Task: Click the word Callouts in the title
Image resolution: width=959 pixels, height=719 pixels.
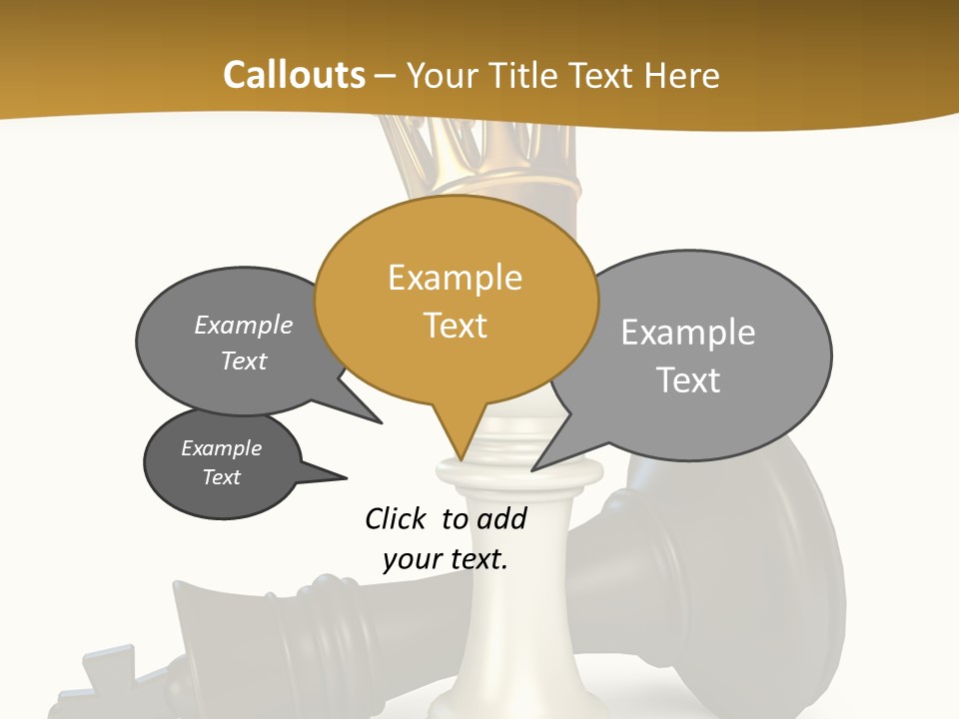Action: click(294, 75)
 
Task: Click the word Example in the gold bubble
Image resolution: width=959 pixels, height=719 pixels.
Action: click(455, 278)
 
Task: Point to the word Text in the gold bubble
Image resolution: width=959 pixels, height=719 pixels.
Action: click(456, 326)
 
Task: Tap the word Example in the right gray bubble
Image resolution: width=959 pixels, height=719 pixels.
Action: click(687, 333)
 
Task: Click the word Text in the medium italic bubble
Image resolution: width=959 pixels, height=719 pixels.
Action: click(243, 360)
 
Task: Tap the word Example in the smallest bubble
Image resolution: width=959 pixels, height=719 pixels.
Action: click(221, 448)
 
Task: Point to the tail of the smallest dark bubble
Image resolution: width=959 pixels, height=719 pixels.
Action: click(335, 475)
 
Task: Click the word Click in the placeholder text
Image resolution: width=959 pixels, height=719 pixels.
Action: click(397, 518)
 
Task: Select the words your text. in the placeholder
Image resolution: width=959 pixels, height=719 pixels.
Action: click(446, 559)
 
